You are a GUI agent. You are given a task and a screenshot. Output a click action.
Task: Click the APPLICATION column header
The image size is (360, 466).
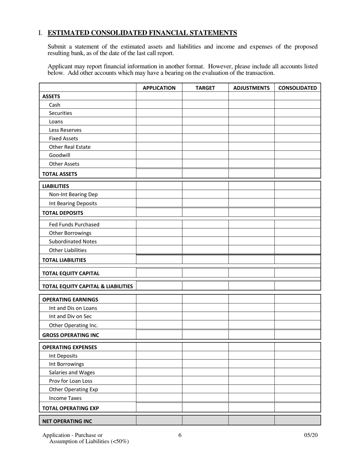tap(159, 88)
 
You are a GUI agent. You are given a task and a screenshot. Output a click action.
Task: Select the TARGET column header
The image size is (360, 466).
tap(205, 88)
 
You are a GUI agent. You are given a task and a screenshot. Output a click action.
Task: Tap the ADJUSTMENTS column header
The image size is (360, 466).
tap(251, 88)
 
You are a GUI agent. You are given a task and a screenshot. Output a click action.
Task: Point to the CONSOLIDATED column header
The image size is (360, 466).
tap(297, 88)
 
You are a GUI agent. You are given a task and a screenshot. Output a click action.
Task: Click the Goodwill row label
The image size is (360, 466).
tap(59, 155)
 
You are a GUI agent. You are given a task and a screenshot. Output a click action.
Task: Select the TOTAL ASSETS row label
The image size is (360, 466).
tap(59, 174)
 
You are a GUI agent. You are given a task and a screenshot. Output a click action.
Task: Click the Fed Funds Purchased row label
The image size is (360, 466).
tap(74, 224)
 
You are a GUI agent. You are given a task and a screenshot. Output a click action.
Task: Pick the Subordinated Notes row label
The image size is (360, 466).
tap(73, 241)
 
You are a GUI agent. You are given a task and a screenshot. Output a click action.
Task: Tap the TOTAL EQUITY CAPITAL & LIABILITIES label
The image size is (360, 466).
tap(88, 286)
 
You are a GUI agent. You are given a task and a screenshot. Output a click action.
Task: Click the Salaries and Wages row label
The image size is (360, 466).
tap(72, 372)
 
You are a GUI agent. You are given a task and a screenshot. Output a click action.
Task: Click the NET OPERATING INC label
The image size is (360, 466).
tap(67, 421)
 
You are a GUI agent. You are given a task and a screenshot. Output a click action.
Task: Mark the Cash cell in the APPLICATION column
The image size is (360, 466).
tap(159, 105)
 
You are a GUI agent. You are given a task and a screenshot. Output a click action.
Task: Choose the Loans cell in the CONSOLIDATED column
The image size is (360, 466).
tap(297, 122)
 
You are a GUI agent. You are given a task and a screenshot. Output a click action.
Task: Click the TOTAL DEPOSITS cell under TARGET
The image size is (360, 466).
tap(205, 213)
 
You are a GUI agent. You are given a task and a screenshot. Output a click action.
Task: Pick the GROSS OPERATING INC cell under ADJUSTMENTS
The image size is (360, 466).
tap(251, 335)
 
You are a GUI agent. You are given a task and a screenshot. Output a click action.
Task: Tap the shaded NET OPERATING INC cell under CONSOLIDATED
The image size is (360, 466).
tap(297, 421)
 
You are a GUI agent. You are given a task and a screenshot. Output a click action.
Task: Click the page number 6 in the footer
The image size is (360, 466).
tap(180, 435)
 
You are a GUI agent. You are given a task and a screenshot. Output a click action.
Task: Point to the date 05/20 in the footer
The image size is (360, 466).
tap(311, 435)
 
